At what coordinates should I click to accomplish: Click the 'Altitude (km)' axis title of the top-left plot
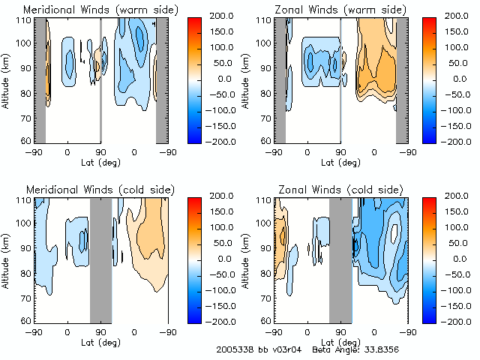coord(7,79)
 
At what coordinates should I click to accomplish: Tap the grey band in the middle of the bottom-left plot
coord(100,259)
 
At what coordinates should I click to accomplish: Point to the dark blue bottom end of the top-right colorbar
coord(429,138)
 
